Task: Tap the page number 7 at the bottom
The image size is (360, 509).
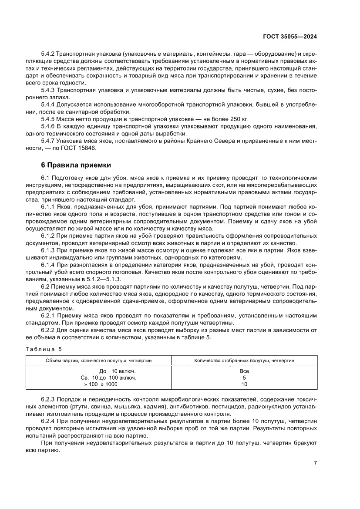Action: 315,463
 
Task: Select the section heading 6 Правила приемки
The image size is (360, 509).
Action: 74,165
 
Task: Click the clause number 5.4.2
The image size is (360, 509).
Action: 48,54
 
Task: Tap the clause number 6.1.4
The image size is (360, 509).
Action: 48,264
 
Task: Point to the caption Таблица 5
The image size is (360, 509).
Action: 44,349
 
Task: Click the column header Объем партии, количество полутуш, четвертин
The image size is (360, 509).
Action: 99,361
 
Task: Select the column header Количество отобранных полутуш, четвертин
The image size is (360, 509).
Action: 244,361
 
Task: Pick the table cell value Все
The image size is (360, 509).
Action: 244,371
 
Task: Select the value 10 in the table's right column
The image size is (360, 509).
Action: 244,384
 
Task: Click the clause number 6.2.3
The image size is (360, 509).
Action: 48,399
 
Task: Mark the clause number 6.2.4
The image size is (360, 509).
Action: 48,421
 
